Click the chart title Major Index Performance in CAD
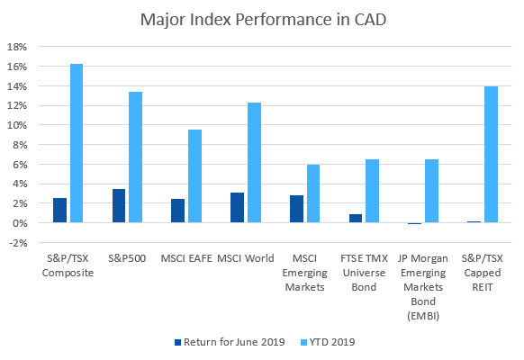[263, 20]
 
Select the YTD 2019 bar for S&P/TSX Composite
[77, 143]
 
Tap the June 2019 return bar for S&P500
[119, 206]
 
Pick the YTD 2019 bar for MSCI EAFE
[194, 176]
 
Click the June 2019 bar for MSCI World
[238, 207]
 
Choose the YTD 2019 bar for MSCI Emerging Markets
[313, 193]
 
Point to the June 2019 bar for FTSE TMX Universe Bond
[356, 219]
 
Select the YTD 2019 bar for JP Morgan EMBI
[432, 191]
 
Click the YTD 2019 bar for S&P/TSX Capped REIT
[492, 154]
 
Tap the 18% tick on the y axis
[17, 47]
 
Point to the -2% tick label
[18, 243]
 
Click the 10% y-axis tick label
[17, 125]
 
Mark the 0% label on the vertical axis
[20, 223]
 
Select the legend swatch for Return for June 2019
[177, 342]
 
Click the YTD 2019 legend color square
[303, 342]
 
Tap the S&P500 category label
[127, 258]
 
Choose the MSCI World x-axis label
[246, 258]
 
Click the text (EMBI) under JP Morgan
[423, 316]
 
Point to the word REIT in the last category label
[483, 287]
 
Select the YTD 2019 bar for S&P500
[136, 157]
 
